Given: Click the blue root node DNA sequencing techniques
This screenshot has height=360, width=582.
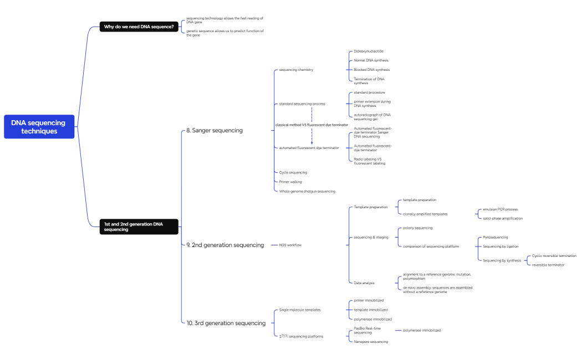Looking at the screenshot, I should point(39,127).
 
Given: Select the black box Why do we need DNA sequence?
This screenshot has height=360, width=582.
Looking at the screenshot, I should point(139,27).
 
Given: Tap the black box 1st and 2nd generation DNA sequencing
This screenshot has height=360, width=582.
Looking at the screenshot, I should point(139,227).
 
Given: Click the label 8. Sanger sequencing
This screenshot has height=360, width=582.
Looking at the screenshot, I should point(215,131).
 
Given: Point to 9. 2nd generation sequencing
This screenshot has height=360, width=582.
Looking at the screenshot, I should point(225,245).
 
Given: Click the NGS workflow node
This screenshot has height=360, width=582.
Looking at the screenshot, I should point(290,245).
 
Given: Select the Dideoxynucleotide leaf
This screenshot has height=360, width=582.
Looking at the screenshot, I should point(369,51).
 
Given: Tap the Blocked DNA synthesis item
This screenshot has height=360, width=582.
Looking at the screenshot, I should point(371,70).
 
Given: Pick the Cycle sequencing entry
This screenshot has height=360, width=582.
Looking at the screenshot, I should point(293,172).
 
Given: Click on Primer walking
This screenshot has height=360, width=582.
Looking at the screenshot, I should point(290,182).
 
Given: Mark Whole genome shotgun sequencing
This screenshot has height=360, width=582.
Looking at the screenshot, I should point(307,191).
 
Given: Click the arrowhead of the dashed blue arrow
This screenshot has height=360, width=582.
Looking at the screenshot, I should point(312,143).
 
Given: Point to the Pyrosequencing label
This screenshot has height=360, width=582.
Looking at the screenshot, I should point(495,237).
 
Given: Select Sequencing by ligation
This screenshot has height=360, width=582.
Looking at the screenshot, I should point(501,246).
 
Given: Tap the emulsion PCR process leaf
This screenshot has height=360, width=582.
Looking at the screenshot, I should point(500,209).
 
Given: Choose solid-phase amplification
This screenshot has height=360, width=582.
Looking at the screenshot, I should point(503,218).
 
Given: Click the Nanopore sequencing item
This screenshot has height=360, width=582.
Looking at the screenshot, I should point(371,342).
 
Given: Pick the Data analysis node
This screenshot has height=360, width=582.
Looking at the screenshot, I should point(364,283).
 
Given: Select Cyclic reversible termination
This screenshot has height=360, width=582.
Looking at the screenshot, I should point(554,256).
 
